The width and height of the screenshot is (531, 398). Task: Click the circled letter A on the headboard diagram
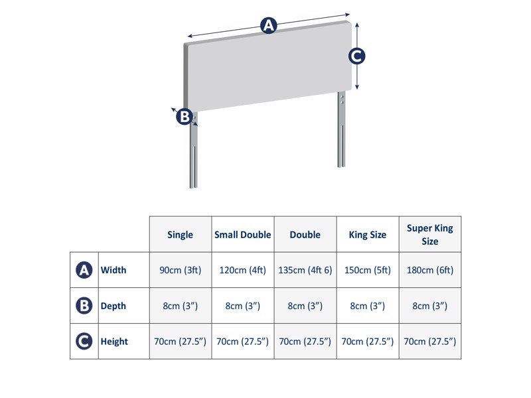coord(268,26)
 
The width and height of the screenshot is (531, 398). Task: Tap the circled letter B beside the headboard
coord(184,117)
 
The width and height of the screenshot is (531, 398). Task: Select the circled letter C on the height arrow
coord(357,56)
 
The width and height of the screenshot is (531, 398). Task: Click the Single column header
coord(181,235)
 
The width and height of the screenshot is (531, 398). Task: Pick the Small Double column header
coord(243,235)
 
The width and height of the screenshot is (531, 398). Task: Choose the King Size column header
coord(368,235)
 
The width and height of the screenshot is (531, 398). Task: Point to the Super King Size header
coord(430,235)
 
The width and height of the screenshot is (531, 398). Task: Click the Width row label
coord(114,270)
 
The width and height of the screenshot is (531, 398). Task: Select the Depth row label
coord(114,306)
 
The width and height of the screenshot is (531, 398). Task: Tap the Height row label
coord(114,342)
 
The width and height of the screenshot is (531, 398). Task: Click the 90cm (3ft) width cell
coord(181,270)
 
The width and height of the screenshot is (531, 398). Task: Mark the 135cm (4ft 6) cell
coord(305,270)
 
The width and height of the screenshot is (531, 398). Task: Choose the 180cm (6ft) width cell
coord(430,270)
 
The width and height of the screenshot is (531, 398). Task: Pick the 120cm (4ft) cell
coord(243,270)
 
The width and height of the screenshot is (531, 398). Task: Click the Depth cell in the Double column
coord(305,306)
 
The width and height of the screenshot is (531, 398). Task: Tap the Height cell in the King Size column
coord(368,342)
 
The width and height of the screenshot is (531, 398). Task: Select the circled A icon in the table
coord(84,270)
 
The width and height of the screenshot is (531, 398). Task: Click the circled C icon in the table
coord(84,342)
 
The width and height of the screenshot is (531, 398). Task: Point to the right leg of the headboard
coord(341,133)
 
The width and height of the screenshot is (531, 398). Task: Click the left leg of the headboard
coord(194,156)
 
